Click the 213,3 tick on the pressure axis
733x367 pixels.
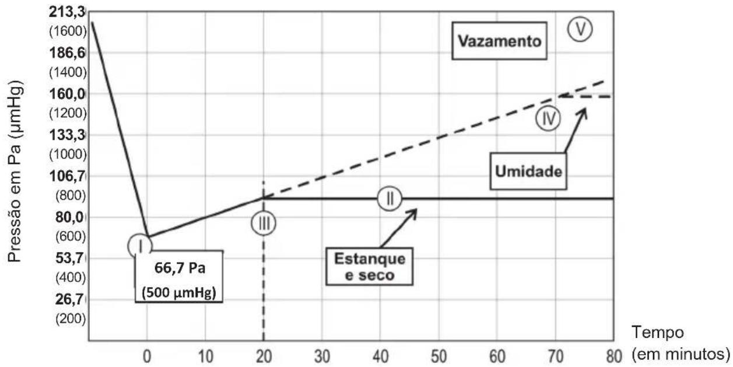(67, 12)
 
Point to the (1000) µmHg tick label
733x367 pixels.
(68, 154)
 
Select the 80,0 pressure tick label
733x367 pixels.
(71, 217)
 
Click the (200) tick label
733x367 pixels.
(71, 319)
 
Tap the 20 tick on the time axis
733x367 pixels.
(264, 356)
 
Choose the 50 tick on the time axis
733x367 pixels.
(439, 356)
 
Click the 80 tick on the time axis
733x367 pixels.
(614, 356)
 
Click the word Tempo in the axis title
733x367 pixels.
(658, 333)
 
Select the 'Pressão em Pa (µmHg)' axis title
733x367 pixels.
(15, 172)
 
